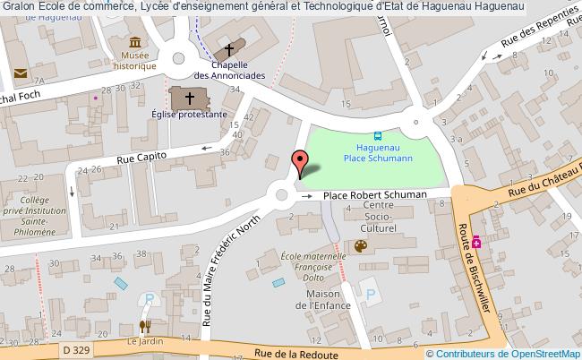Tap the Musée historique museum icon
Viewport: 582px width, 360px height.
click(x=134, y=43)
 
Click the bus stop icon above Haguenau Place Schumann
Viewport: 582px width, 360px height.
click(x=377, y=137)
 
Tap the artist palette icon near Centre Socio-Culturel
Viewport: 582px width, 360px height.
click(x=360, y=245)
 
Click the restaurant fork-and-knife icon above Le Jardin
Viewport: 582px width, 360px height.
click(x=144, y=327)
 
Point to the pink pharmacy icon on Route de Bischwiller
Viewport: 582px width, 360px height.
click(x=478, y=241)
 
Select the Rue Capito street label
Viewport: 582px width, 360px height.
click(x=144, y=159)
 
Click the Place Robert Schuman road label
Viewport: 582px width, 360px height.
click(x=374, y=194)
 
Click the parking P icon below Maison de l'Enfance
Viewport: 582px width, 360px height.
click(x=369, y=293)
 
